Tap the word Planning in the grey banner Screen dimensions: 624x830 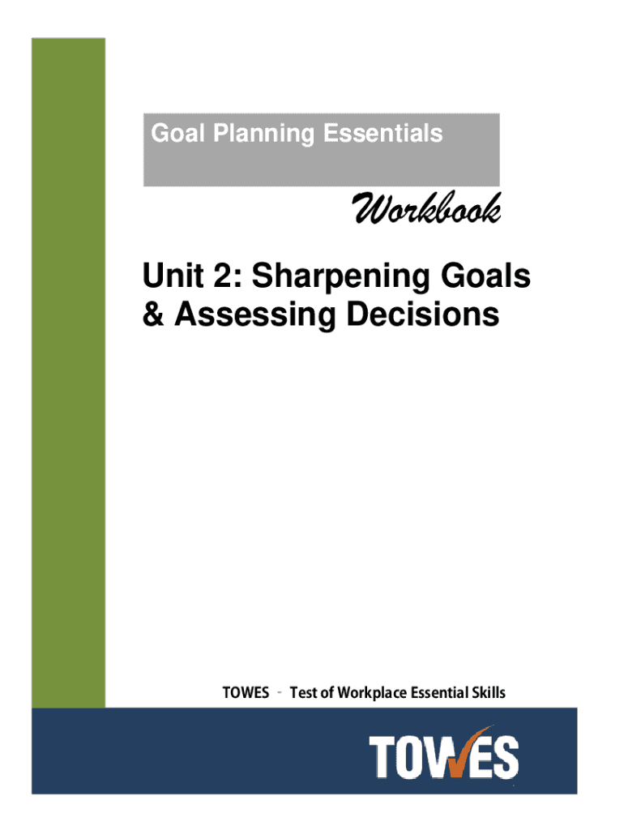tap(263, 135)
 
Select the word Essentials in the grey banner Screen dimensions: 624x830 tap(383, 133)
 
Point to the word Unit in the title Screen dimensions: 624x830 tap(173, 276)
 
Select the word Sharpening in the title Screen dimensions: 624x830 tap(340, 277)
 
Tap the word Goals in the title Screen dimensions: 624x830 tap(485, 276)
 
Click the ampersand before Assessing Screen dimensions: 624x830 tap(153, 314)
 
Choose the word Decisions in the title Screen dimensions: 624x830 tap(422, 314)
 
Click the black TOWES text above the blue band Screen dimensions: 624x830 tap(246, 692)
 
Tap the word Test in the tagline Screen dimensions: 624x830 tap(303, 692)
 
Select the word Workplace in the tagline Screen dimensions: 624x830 tap(372, 693)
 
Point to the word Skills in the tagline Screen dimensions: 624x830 tap(489, 692)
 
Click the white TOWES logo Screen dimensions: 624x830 tap(443, 755)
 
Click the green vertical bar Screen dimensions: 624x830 tap(68, 373)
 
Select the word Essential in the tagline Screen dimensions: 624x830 tap(439, 692)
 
